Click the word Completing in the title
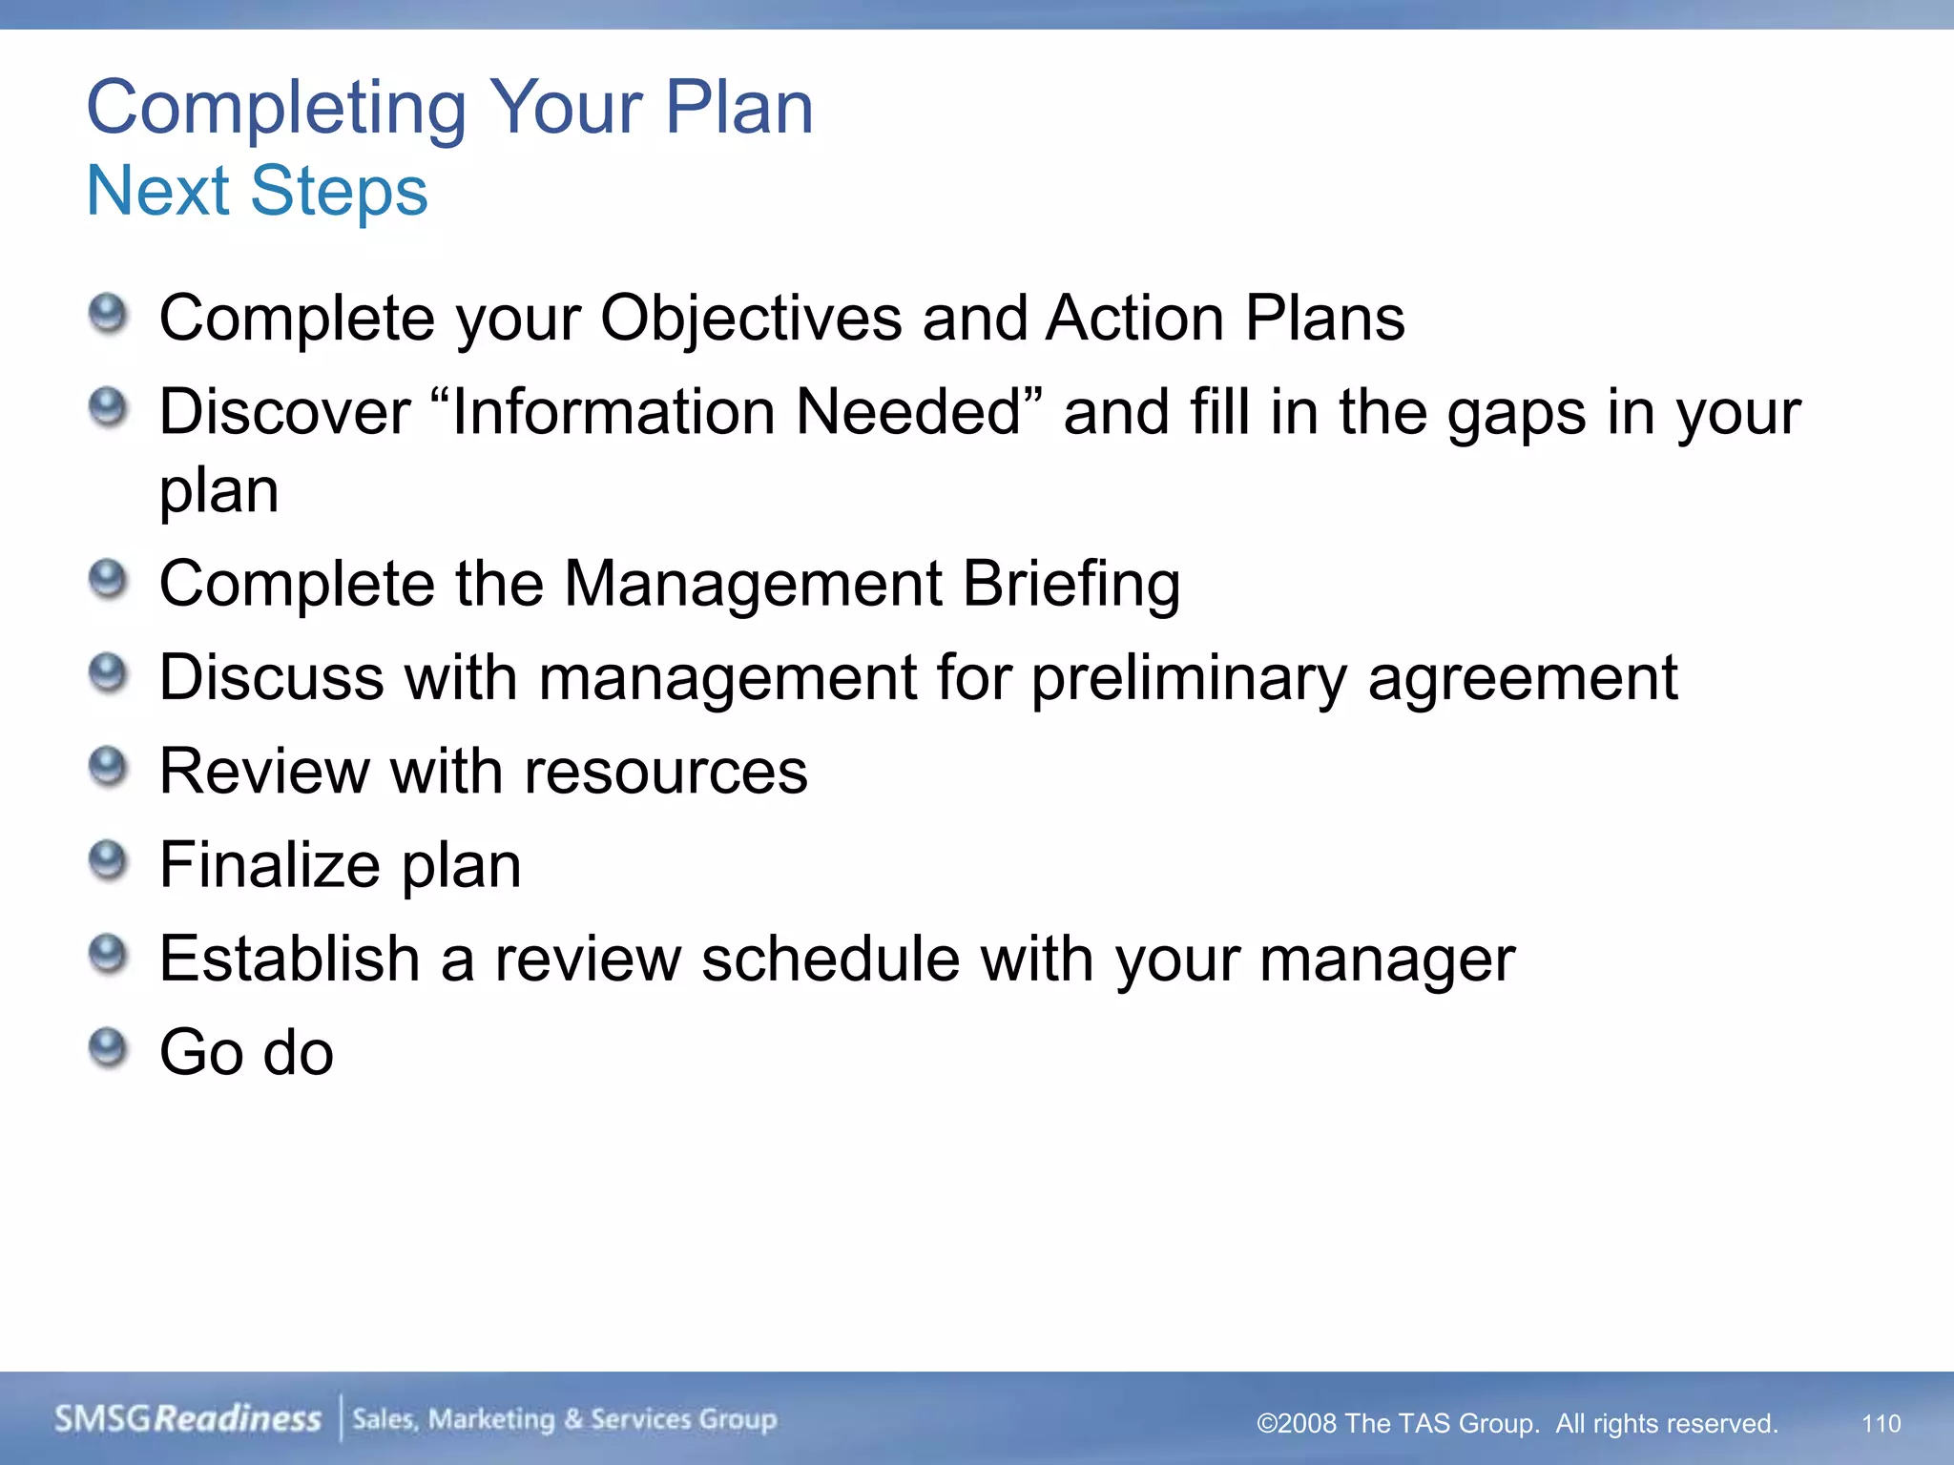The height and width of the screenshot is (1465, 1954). click(277, 109)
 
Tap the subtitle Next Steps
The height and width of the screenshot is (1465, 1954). click(257, 192)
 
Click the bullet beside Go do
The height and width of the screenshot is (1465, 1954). click(108, 1049)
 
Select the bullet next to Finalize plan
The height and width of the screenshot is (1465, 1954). click(108, 861)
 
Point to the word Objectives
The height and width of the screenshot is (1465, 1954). click(750, 318)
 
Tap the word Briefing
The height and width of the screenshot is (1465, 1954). click(1071, 584)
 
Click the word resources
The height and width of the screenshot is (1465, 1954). click(665, 771)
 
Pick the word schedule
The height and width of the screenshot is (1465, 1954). click(830, 959)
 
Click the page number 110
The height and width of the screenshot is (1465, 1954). click(1881, 1424)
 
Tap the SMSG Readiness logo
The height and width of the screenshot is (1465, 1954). click(188, 1418)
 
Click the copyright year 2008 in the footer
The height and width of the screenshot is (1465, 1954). click(1306, 1424)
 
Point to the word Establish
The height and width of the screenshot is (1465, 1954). click(289, 959)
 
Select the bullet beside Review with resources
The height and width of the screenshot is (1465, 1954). click(108, 768)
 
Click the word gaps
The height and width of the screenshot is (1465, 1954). click(1516, 414)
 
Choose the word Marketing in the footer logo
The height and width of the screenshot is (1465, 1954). click(490, 1419)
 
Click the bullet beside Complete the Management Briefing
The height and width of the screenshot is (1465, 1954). click(108, 580)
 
